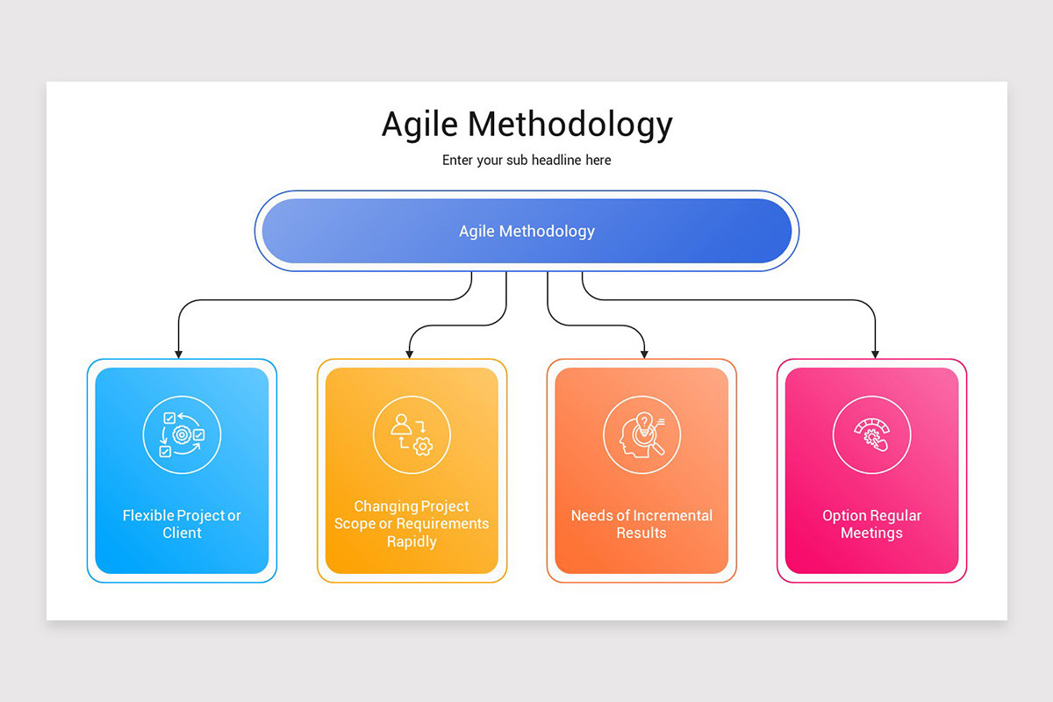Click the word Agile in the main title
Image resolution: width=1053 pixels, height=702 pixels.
[x=419, y=125]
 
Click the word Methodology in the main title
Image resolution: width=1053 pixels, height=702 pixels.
[x=569, y=125]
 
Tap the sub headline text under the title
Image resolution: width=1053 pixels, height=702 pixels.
[x=526, y=161]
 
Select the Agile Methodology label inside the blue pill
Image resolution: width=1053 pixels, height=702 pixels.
[x=526, y=232]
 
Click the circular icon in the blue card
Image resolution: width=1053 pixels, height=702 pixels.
[x=182, y=435]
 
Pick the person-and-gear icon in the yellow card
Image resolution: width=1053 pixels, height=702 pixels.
[x=412, y=435]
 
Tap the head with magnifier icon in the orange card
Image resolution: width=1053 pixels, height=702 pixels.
[x=641, y=435]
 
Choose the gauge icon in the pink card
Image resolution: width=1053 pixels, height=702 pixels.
[x=871, y=435]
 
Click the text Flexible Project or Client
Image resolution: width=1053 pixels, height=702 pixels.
[x=182, y=524]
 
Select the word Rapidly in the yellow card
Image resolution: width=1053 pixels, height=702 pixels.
[x=412, y=541]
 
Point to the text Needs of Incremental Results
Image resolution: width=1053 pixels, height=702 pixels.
[x=641, y=524]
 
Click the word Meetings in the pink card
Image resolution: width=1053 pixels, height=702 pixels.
[x=871, y=533]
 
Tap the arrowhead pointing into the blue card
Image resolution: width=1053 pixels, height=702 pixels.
[x=179, y=354]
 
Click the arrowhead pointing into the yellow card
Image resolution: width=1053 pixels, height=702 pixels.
[x=410, y=354]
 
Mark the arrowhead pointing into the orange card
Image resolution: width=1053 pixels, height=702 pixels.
[x=645, y=354]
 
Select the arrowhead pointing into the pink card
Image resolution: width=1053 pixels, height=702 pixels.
[x=875, y=354]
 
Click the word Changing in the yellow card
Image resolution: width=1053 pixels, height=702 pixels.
[x=385, y=506]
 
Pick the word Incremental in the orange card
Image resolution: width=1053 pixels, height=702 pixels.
[x=672, y=515]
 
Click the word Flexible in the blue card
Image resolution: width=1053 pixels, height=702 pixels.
[x=147, y=515]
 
